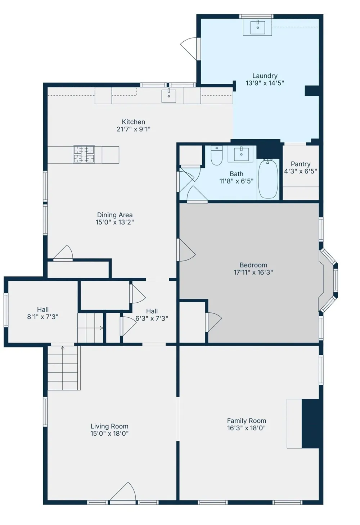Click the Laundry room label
point(265,76)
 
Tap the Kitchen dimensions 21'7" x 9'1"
point(134,129)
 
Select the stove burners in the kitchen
point(84,154)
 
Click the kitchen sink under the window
point(168,96)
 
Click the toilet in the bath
point(216,155)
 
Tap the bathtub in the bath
point(268,178)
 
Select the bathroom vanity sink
point(241,154)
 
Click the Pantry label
point(301,164)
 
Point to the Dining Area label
point(115,215)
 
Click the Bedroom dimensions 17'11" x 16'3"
point(253,272)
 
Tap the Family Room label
point(247,421)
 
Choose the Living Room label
point(109,426)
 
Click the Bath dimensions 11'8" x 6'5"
point(237,181)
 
